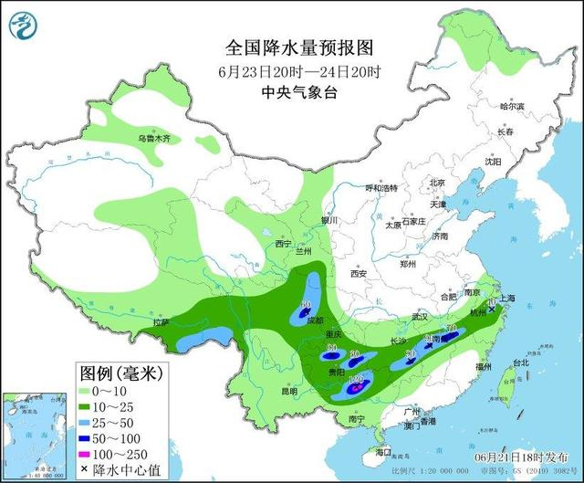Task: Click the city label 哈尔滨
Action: (513, 107)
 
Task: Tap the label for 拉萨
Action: (162, 322)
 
